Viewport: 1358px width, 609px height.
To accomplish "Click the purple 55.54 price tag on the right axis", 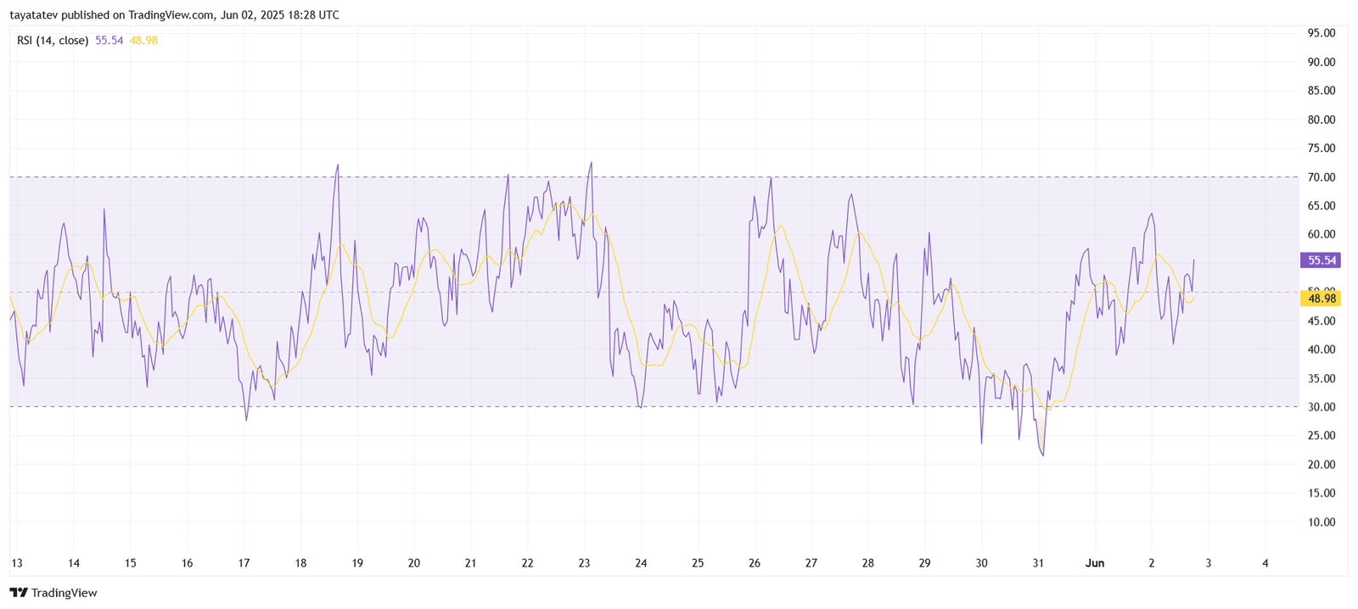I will pos(1322,260).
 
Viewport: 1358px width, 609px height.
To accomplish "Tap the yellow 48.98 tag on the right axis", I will pos(1322,299).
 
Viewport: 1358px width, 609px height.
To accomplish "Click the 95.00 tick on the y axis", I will pos(1322,33).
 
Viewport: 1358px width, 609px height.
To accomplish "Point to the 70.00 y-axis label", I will pos(1322,177).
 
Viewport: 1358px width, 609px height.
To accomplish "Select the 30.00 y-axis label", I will pos(1322,407).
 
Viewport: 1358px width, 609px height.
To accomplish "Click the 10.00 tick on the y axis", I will pos(1322,522).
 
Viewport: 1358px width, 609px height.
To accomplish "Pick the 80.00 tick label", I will pos(1322,120).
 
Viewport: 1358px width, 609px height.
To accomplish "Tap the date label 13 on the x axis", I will pos(16,563).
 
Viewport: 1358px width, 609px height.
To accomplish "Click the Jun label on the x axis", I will pos(1095,563).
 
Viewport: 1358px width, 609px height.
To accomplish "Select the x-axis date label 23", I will pos(584,563).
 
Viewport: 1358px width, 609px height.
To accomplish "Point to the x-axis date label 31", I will pos(1038,563).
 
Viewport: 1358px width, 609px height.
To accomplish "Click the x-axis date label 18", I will pos(300,563).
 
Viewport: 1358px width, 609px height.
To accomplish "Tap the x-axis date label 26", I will pos(755,563).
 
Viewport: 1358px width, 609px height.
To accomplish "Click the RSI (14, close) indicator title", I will pos(53,40).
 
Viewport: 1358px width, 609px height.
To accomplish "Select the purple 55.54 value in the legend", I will pos(109,40).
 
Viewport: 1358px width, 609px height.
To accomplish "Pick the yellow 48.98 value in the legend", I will pos(143,40).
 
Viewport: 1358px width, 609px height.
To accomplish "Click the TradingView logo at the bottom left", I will pos(53,593).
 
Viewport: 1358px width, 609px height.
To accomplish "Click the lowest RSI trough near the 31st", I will pos(1043,455).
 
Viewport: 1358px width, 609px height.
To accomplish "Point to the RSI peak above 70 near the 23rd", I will pos(591,163).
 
